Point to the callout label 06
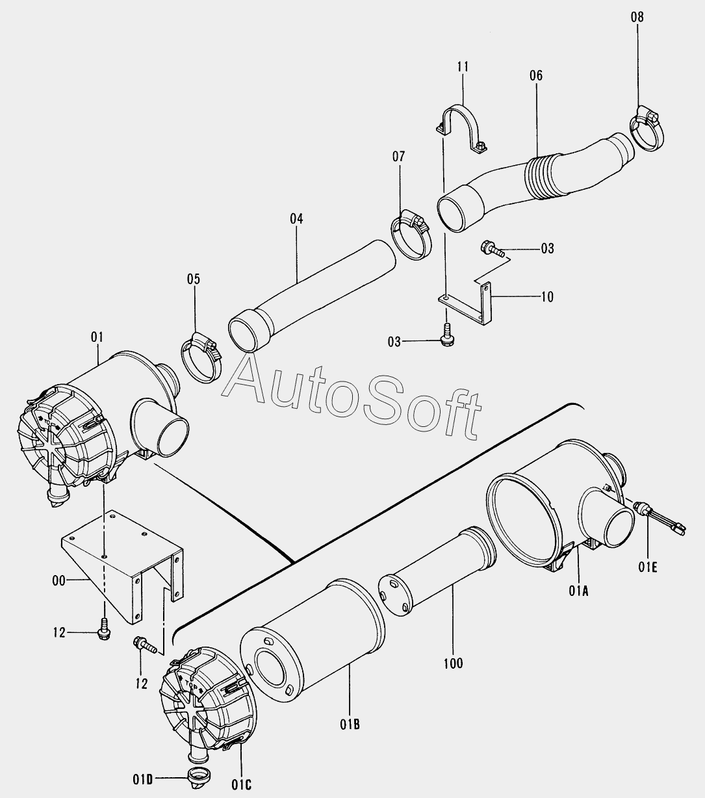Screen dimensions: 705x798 535,75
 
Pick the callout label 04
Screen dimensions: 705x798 296,219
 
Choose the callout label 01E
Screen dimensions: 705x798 648,567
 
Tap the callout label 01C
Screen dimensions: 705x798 241,785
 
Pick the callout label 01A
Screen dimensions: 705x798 578,590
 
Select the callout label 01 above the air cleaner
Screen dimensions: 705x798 97,337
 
